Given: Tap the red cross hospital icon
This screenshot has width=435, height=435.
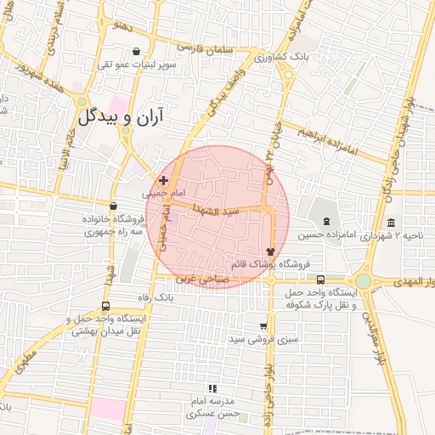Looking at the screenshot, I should click(163, 180).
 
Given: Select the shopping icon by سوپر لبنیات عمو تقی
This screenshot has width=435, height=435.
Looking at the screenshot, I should click(136, 52).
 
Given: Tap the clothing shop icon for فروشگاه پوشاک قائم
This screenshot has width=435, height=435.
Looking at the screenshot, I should click(270, 251).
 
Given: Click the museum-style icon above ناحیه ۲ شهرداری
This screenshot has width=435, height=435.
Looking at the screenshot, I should click(391, 223).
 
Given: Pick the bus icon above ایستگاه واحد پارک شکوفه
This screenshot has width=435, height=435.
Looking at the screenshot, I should click(320, 280).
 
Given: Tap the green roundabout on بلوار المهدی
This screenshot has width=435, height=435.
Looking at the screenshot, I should click(364, 280).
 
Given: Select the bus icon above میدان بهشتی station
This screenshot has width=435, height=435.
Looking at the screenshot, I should click(105, 307).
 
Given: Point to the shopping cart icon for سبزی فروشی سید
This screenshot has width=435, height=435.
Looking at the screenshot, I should click(263, 326).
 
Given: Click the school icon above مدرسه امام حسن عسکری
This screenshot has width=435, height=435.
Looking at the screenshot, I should click(212, 388).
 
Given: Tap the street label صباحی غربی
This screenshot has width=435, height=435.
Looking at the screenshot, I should click(197, 279).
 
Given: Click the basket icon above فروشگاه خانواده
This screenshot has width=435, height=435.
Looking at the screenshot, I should click(113, 205).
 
